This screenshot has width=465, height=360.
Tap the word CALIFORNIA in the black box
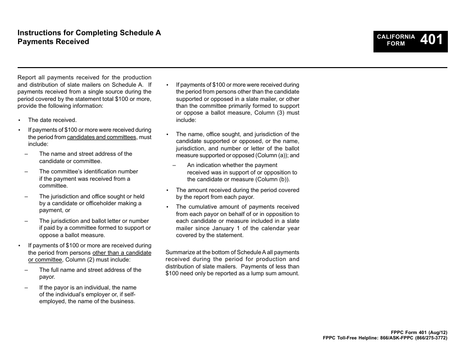396,37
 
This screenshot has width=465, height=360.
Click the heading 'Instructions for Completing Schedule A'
89,33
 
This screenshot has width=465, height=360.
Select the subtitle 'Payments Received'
53,42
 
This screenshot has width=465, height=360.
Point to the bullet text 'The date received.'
52,120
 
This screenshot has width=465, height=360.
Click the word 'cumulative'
204,207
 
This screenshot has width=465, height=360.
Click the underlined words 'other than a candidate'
122,253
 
